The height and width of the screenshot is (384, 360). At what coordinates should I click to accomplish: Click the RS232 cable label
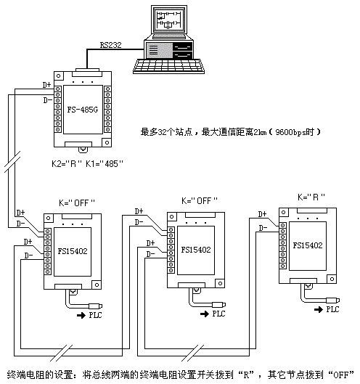(x=111, y=45)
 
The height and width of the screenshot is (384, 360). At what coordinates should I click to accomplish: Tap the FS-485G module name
(x=83, y=110)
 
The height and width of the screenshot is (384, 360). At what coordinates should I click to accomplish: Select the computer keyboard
(x=168, y=66)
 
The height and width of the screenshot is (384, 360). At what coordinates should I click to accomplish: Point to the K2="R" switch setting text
(x=66, y=163)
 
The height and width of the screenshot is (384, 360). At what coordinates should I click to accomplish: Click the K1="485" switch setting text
(x=105, y=163)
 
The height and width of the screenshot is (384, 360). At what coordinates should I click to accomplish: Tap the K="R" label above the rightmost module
(x=311, y=197)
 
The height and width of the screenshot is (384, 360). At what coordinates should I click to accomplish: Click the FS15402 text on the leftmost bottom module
(x=73, y=251)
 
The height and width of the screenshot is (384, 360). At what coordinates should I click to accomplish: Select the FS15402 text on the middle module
(x=196, y=250)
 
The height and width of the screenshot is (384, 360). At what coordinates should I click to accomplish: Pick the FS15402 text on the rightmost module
(x=308, y=245)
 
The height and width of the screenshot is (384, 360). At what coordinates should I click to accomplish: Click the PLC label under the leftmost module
(x=96, y=315)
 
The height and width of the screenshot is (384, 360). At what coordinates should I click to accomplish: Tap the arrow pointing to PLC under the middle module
(x=205, y=314)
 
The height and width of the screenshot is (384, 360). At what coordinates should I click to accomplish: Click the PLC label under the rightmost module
(x=333, y=309)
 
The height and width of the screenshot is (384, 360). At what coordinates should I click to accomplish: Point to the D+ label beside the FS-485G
(x=46, y=85)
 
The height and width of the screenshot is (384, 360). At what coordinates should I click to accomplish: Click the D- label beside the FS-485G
(x=47, y=100)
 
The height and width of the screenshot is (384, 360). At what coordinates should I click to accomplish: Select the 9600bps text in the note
(x=295, y=132)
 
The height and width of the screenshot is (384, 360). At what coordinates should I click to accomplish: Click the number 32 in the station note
(x=162, y=132)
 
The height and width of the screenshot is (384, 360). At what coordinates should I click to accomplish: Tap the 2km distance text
(x=260, y=132)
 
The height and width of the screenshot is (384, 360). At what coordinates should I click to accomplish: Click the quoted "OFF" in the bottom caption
(x=341, y=375)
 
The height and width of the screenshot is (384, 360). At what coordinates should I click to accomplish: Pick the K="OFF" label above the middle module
(x=200, y=201)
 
